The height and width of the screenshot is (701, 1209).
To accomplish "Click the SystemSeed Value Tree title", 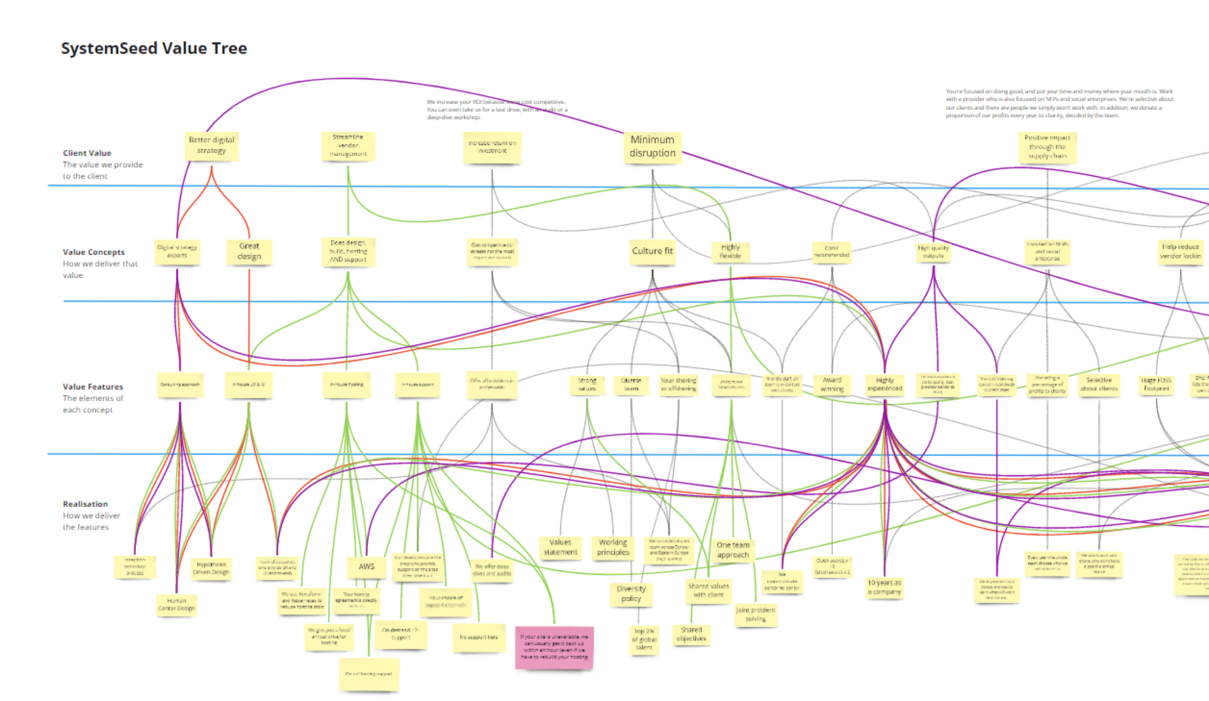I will point(154,49).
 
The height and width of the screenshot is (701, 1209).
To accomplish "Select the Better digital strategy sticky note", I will point(212,146).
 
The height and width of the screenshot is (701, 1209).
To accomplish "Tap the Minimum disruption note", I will point(652,147).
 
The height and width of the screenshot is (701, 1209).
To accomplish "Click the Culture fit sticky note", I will point(652,251).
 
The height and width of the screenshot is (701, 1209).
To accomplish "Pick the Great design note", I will point(249,251).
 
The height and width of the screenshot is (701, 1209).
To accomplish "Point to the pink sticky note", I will point(554,647).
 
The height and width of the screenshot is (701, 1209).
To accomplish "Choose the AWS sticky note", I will point(366,567).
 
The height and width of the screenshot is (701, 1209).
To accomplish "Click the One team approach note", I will point(732,550).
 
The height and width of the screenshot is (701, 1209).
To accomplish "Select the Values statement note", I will point(560,547).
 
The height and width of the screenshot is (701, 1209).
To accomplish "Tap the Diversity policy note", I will point(631,594).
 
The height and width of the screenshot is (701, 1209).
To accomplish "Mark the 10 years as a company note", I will point(884,587).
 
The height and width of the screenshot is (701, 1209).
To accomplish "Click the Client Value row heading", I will point(87,153).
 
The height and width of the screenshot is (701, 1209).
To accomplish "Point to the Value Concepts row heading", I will point(93,252).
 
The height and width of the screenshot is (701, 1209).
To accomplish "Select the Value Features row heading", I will point(93,387).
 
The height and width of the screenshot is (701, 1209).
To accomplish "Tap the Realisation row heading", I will point(85,504).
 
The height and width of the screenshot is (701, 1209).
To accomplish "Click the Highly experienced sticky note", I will point(885,384).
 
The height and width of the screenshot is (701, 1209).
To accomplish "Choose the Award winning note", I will point(832,384).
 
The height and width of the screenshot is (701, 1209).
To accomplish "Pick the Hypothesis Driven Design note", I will point(211,568).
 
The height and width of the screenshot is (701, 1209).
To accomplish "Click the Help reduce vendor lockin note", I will point(1180,251).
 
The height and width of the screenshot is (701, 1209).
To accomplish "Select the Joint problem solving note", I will point(756,614).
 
